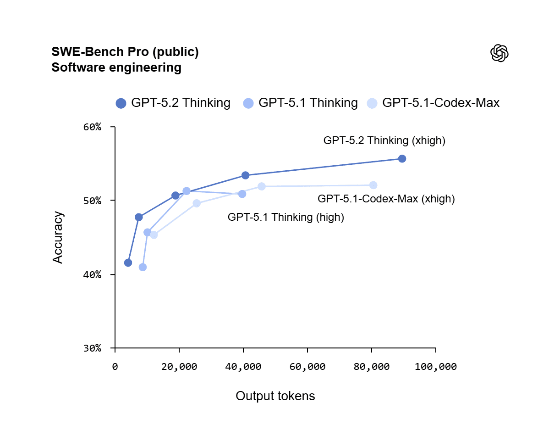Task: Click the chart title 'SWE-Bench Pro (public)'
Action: pos(125,52)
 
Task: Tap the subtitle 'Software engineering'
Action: pos(116,67)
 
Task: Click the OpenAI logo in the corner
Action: pos(499,53)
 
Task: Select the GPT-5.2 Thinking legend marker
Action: pos(121,103)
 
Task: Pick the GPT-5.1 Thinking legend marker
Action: pos(248,103)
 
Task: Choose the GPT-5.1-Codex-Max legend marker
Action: pos(372,103)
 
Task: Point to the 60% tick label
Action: pos(92,127)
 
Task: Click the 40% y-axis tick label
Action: pos(92,275)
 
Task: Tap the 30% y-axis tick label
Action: pos(92,348)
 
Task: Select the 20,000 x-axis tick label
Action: pos(179,367)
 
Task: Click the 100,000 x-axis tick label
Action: pos(435,367)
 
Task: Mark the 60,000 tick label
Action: pos(307,367)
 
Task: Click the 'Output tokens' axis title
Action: pos(275,396)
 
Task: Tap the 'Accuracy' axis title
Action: pos(57,237)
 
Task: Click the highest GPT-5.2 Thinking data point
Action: pos(402,159)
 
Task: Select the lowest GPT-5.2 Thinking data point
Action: pos(128,263)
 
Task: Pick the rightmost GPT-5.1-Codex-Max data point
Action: pos(373,185)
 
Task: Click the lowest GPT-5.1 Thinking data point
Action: pos(143,267)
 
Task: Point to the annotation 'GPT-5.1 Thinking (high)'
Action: pos(286,218)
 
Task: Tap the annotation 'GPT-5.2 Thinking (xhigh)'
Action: pos(384,141)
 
